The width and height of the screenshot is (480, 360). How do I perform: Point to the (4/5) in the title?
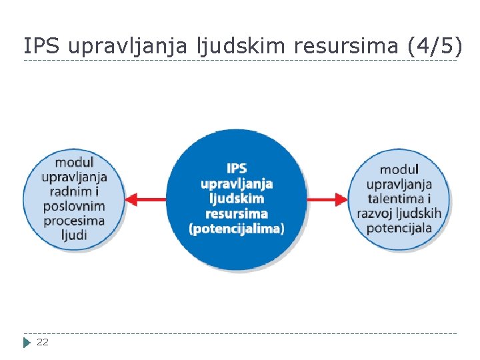click(x=433, y=46)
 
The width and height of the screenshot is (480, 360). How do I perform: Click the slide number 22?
click(x=43, y=342)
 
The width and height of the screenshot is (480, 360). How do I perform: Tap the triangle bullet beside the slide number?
click(x=27, y=343)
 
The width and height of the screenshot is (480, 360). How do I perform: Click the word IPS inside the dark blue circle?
click(x=237, y=168)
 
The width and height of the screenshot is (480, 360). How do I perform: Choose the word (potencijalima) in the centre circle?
click(x=237, y=229)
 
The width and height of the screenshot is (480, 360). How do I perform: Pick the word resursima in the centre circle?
click(x=237, y=213)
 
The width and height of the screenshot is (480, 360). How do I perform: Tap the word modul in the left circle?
click(x=74, y=162)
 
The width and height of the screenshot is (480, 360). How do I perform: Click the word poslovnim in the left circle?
click(x=74, y=206)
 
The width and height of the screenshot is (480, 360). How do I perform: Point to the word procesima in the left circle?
click(x=74, y=221)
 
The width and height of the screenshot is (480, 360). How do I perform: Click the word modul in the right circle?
click(x=399, y=169)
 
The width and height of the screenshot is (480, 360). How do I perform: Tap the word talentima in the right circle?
click(x=393, y=199)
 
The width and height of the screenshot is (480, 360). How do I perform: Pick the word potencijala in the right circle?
click(x=399, y=228)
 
